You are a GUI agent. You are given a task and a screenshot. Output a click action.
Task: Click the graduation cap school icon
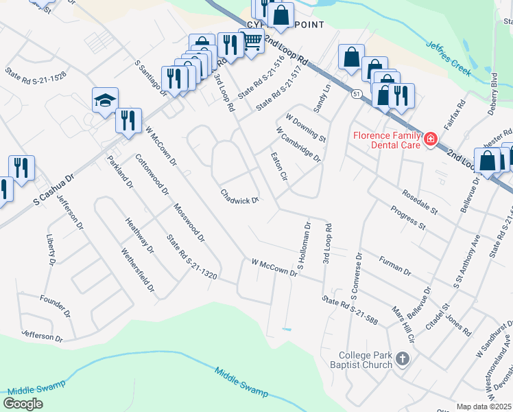106,100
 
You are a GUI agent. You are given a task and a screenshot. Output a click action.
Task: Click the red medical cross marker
430,139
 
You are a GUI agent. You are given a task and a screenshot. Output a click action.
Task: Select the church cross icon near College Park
403,358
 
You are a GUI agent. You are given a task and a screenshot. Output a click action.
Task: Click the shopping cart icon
252,42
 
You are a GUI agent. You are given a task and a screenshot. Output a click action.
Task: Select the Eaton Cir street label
278,167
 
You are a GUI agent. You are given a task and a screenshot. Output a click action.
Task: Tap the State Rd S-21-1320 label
191,257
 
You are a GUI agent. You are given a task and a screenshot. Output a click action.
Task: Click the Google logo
23,403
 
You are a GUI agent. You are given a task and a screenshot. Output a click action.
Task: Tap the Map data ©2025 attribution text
484,407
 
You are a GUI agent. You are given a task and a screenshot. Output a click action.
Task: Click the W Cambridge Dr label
298,144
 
